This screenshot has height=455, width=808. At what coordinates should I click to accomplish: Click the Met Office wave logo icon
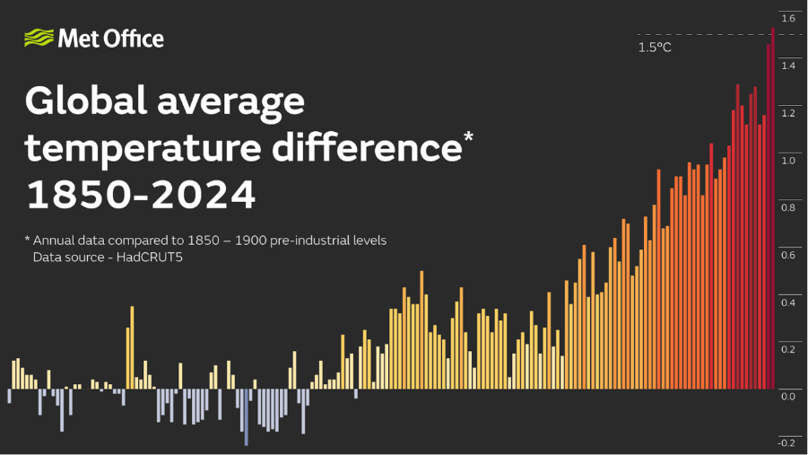pyautogui.click(x=39, y=38)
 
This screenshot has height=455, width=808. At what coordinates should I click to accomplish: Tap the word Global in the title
pyautogui.click(x=86, y=101)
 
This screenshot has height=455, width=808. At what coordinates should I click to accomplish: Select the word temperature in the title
pyautogui.click(x=143, y=147)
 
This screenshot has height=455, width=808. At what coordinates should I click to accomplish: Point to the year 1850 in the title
pyautogui.click(x=78, y=195)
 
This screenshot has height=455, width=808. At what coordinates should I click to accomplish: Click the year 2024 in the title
pyautogui.click(x=204, y=195)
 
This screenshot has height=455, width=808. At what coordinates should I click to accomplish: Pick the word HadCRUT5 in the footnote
pyautogui.click(x=150, y=257)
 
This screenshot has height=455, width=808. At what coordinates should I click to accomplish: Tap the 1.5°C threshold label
pyautogui.click(x=655, y=48)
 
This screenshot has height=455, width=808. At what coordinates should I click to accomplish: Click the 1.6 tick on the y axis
pyautogui.click(x=788, y=19)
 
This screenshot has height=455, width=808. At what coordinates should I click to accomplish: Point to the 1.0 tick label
pyautogui.click(x=788, y=161)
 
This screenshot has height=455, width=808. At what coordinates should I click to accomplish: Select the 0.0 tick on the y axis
pyautogui.click(x=788, y=397)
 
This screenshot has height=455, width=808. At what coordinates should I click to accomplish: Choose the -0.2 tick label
pyautogui.click(x=786, y=443)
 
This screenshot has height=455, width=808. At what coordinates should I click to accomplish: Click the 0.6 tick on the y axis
pyautogui.click(x=788, y=256)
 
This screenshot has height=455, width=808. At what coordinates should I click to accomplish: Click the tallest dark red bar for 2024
pyautogui.click(x=773, y=208)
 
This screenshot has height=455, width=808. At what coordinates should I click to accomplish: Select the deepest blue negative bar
pyautogui.click(x=247, y=416)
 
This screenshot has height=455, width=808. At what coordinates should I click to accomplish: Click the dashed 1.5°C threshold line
pyautogui.click(x=720, y=35)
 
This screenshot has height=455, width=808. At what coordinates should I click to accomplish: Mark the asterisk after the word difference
pyautogui.click(x=468, y=137)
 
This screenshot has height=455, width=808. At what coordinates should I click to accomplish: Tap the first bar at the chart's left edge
pyautogui.click(x=9, y=396)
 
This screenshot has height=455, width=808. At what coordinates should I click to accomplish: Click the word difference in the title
pyautogui.click(x=367, y=147)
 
